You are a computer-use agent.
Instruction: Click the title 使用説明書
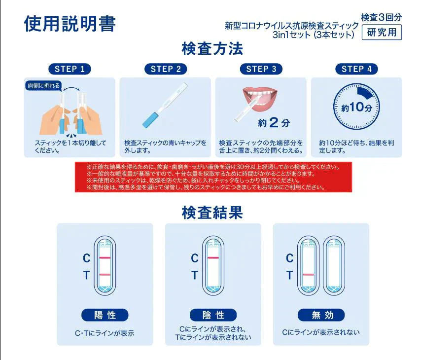pyautogui.click(x=70, y=24)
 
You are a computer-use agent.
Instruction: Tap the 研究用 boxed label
pyautogui.click(x=382, y=33)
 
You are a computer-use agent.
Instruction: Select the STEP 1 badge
pyautogui.click(x=70, y=69)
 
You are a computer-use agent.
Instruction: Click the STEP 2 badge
pyautogui.click(x=166, y=69)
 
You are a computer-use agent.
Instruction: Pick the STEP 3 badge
pyautogui.click(x=261, y=69)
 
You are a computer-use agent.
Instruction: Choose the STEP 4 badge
pyautogui.click(x=356, y=69)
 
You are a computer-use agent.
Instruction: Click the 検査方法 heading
pyautogui.click(x=212, y=49)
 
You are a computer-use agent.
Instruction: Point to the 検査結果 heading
pyautogui.click(x=212, y=213)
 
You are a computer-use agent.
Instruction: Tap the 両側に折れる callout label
pyautogui.click(x=43, y=85)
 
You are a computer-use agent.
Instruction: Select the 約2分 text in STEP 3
pyautogui.click(x=274, y=122)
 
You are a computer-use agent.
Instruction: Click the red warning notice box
pyautogui.click(x=213, y=177)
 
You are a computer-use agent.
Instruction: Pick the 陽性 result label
pyautogui.click(x=105, y=315)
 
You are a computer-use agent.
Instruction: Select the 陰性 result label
pyautogui.click(x=212, y=315)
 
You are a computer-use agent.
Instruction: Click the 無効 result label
pyautogui.click(x=321, y=315)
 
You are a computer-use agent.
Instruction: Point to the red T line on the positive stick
pyautogui.click(x=105, y=274)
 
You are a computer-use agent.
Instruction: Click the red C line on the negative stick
pyautogui.click(x=213, y=258)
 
